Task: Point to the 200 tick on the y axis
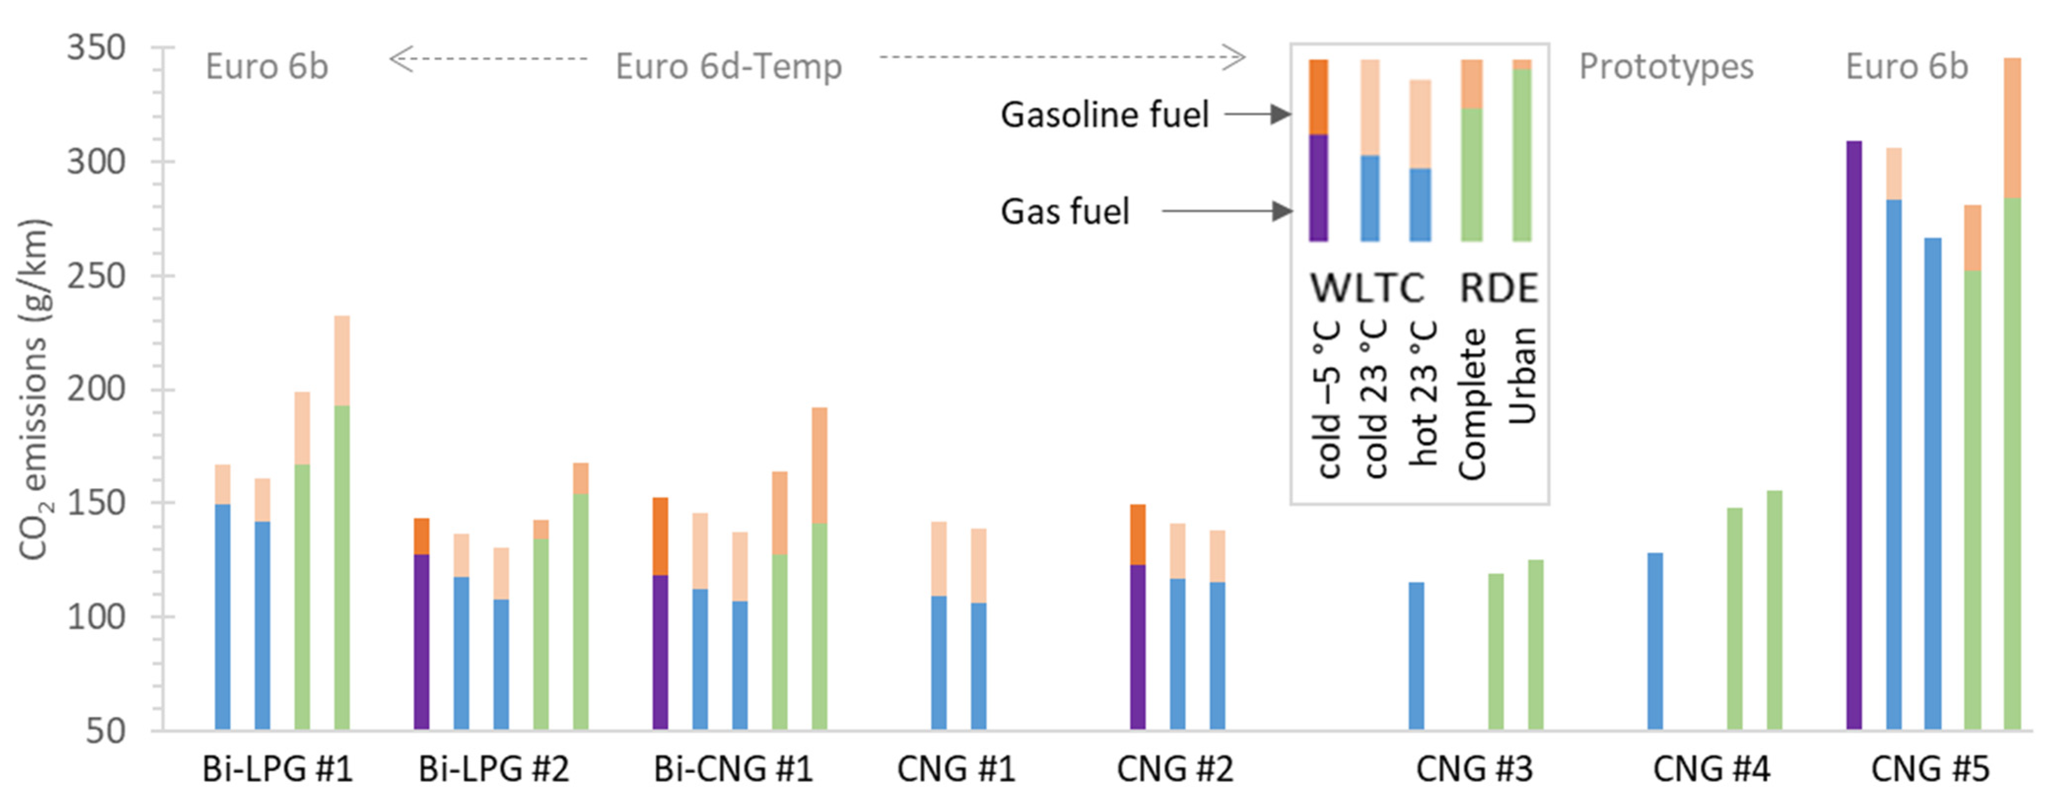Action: (x=96, y=389)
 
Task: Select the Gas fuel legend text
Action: (x=1065, y=212)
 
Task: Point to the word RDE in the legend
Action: (x=1498, y=288)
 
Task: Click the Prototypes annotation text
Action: (x=1666, y=67)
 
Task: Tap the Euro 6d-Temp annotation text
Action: (x=728, y=67)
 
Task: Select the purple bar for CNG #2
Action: (x=1137, y=647)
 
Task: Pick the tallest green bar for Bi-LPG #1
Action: (x=341, y=567)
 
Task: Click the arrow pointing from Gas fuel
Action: (x=1226, y=212)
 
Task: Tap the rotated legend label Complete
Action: (x=1472, y=404)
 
